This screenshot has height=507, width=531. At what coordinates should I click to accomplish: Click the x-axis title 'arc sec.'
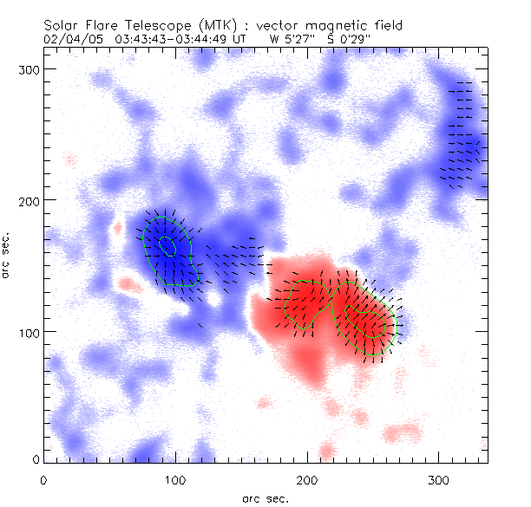click(265, 498)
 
